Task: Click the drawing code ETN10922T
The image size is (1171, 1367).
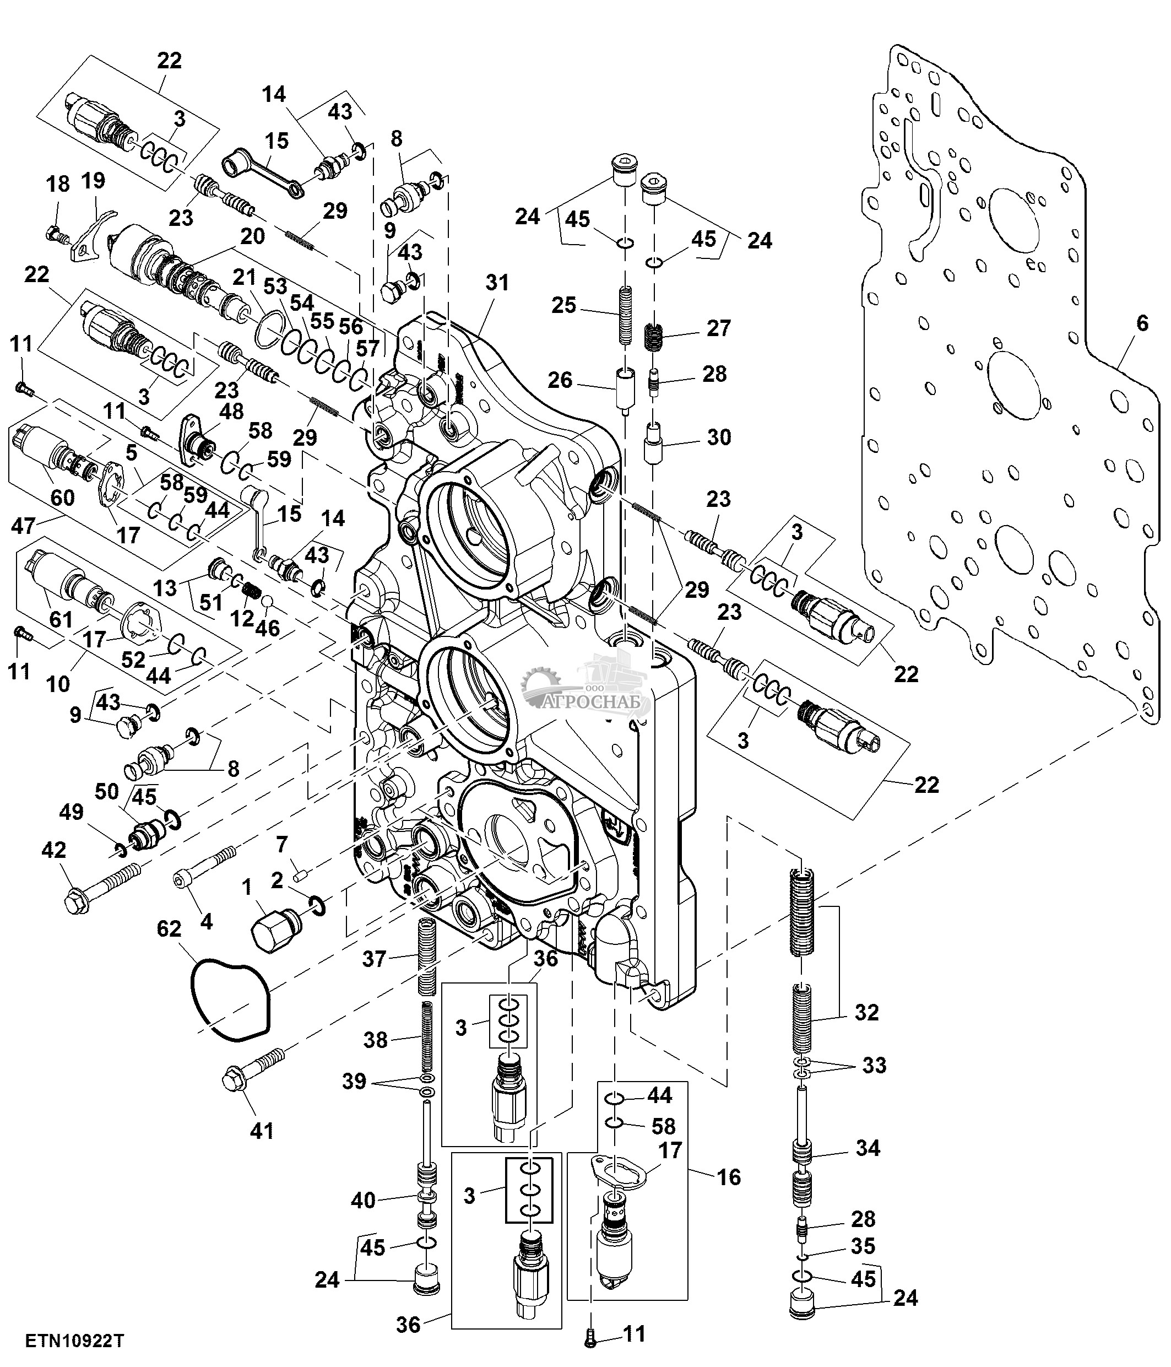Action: pos(74,1341)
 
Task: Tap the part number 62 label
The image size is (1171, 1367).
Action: pos(169,929)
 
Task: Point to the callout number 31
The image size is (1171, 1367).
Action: pos(497,282)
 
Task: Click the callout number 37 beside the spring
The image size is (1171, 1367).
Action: pos(374,958)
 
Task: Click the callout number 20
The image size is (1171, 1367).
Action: pos(252,235)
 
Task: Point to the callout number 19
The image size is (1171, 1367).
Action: pos(93,180)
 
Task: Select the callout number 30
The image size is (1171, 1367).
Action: pos(719,437)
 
